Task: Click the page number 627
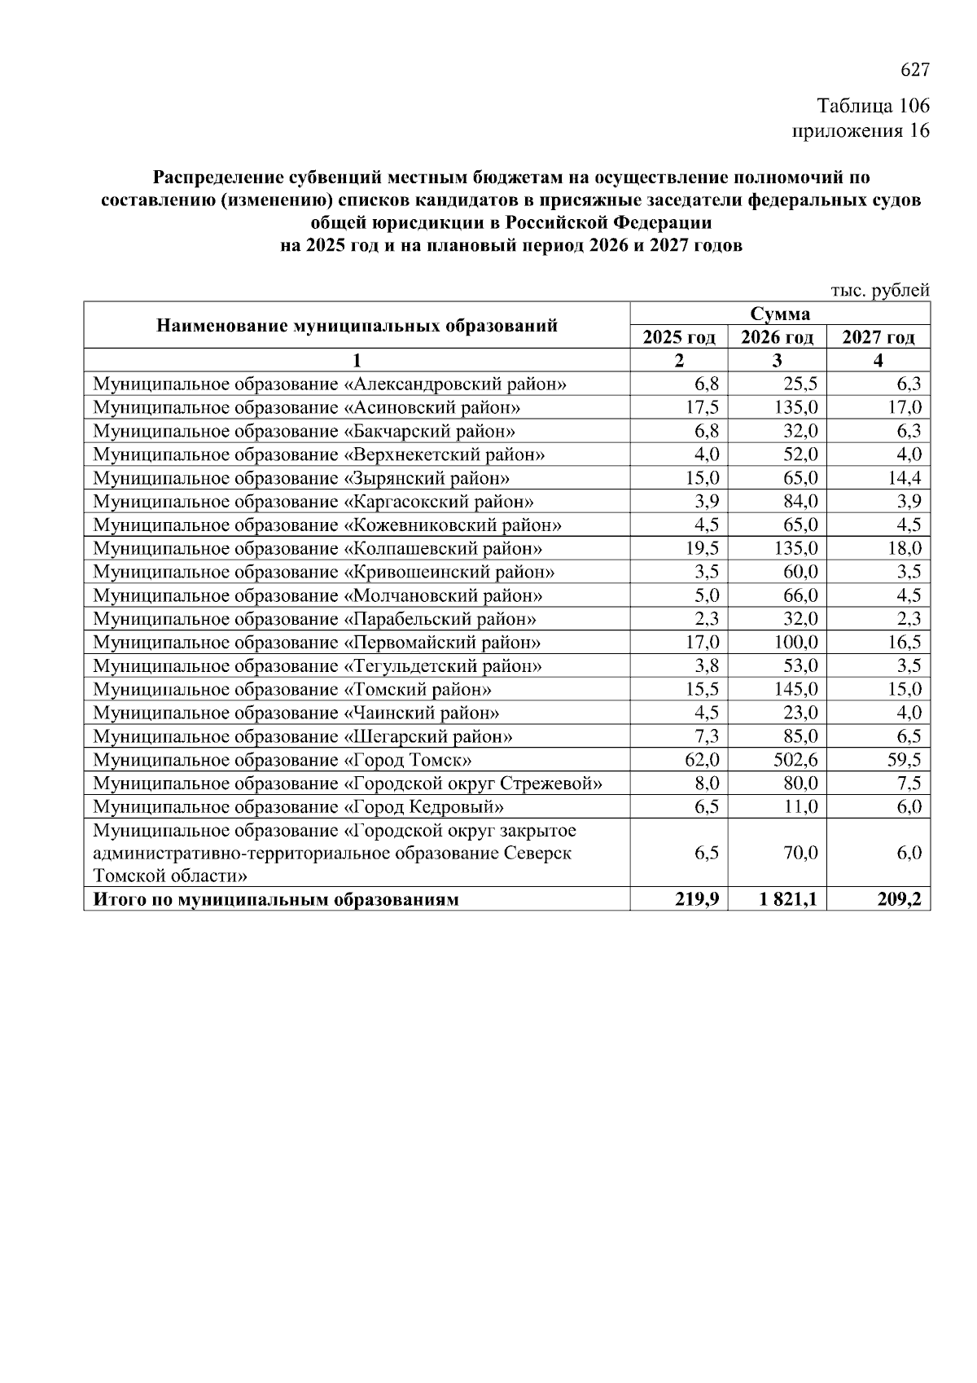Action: (914, 71)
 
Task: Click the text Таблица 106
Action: (873, 107)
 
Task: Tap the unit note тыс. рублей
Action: (879, 290)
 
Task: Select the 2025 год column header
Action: (679, 337)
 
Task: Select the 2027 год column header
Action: (878, 337)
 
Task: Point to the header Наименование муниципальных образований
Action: (357, 326)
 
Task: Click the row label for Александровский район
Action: (330, 384)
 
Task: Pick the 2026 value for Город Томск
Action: (795, 761)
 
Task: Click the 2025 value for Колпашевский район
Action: (701, 549)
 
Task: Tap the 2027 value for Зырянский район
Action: (904, 478)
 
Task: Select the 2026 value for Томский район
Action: (795, 690)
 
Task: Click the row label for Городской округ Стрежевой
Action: (348, 784)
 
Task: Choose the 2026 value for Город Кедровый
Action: (800, 808)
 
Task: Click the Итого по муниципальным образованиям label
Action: (277, 900)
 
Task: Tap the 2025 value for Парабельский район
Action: (706, 619)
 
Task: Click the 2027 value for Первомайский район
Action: (904, 643)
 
